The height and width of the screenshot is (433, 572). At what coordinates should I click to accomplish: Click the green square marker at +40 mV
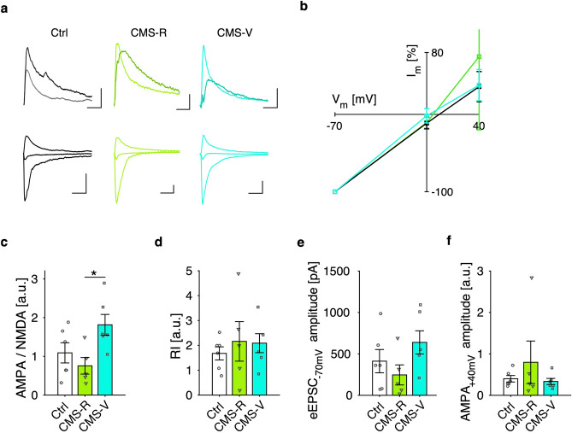click(479, 57)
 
